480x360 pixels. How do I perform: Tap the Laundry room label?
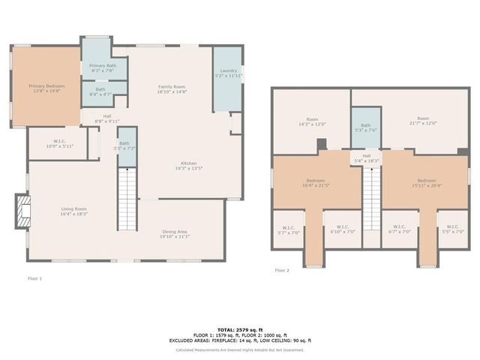click(229, 73)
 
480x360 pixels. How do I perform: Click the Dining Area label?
click(174, 233)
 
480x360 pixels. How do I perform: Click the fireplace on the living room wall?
click(24, 211)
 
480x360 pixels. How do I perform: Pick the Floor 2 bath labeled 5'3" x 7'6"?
click(365, 128)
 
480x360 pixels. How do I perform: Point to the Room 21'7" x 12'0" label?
click(423, 121)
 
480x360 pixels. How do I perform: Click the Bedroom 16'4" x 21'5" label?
click(315, 183)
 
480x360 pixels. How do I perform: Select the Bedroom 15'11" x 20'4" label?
click(426, 183)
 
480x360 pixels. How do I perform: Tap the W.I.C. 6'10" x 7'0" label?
click(342, 229)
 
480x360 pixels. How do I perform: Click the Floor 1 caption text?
click(34, 278)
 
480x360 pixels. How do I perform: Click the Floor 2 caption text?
click(281, 270)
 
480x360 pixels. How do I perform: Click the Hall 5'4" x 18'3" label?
click(366, 158)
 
